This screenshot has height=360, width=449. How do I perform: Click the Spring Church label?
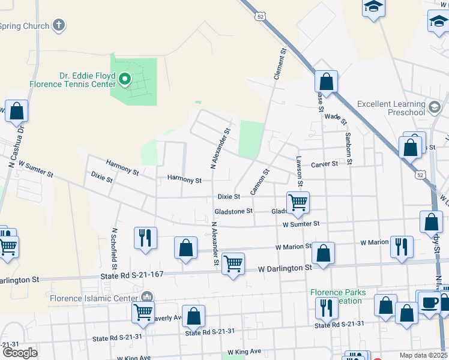pos(24,26)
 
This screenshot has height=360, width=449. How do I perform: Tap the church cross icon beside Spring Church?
pos(58,25)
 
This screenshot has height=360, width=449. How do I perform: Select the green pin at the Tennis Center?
pos(125,78)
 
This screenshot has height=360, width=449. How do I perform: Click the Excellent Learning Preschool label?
pos(391,108)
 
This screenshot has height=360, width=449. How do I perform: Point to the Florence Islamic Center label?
pos(95,298)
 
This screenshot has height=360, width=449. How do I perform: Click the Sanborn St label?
pos(348,148)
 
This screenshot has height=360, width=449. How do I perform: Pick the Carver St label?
pos(325,164)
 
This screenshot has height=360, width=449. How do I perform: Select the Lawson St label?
pos(300,170)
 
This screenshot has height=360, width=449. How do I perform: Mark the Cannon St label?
pos(260,181)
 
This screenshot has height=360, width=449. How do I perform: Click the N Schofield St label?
pos(114,249)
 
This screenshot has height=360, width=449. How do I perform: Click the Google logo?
pos(20,353)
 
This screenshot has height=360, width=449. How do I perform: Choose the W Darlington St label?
pos(285,268)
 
